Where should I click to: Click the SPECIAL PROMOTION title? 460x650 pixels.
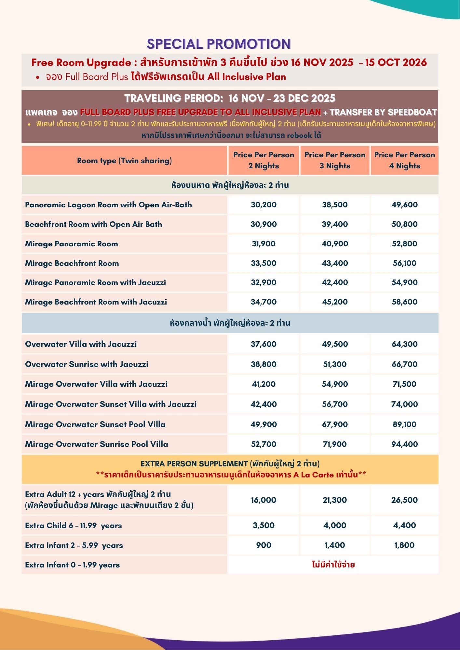coord(219,44)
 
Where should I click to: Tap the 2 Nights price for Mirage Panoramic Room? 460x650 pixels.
coord(264,244)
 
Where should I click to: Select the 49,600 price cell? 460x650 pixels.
coord(404,205)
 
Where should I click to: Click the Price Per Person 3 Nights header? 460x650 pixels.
coord(335,160)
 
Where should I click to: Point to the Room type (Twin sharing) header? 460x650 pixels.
coord(124,161)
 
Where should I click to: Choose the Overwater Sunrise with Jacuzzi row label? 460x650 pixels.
coord(87,364)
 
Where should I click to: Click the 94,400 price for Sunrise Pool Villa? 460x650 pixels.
coord(404,444)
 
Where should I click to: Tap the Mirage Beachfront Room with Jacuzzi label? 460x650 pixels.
coord(96,302)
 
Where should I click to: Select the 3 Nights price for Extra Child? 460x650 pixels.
coord(335,526)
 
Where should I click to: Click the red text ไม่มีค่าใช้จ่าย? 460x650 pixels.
coord(333,565)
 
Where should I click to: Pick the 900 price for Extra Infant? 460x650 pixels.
coord(264,545)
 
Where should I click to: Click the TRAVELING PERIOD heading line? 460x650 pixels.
coord(230,98)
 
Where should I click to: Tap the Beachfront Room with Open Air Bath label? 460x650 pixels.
coord(93,224)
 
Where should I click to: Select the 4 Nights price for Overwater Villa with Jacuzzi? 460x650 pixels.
coord(404,344)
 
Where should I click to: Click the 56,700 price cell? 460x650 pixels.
coord(335,404)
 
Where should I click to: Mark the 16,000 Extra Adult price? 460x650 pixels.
coord(264,500)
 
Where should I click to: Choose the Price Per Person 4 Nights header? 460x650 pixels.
coord(404,160)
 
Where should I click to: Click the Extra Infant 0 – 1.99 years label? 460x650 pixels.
coord(72,565)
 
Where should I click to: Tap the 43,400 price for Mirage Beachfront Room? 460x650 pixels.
coord(335,263)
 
